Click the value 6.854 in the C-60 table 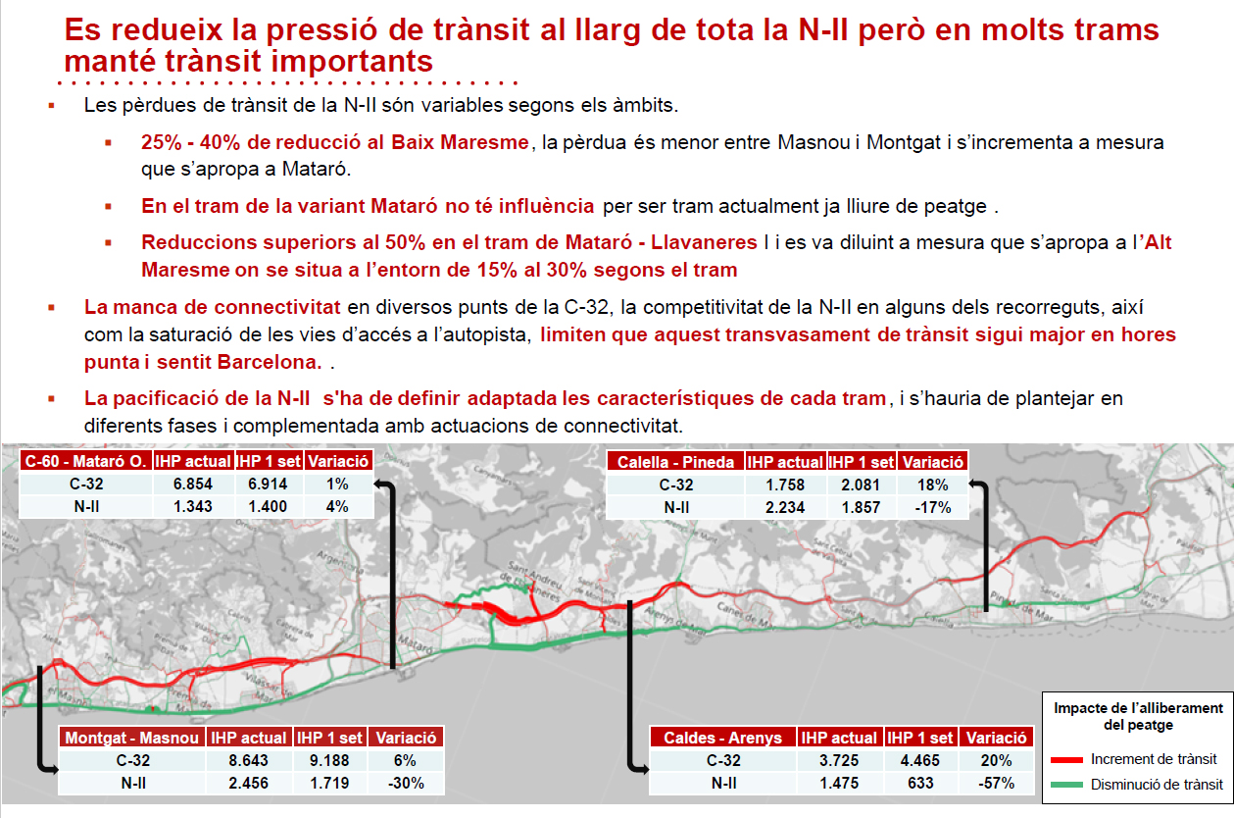click(x=193, y=485)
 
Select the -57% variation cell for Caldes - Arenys click(x=996, y=783)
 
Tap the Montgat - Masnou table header click(x=131, y=738)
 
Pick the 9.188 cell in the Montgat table click(x=329, y=760)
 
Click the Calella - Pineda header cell click(x=675, y=462)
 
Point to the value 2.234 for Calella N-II click(x=783, y=507)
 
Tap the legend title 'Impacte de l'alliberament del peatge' click(x=1138, y=716)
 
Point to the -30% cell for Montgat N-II click(x=406, y=783)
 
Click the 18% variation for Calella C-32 click(x=932, y=485)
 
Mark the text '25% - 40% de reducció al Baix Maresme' click(x=334, y=142)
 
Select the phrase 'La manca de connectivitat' click(x=213, y=307)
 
